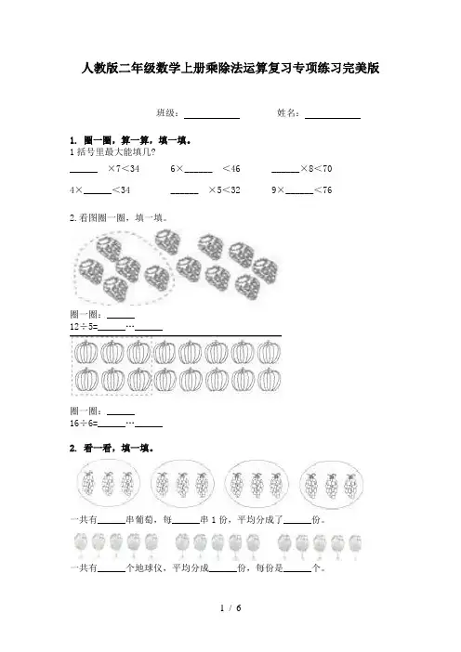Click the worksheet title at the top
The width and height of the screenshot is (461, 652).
(230, 68)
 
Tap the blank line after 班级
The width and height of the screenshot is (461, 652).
(212, 119)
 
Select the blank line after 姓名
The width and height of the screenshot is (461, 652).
(333, 119)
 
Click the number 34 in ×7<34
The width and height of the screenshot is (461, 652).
(135, 168)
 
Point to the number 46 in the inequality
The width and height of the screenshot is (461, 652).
(235, 168)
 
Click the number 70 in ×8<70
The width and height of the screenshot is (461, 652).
(327, 168)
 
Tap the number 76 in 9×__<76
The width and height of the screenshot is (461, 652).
(327, 190)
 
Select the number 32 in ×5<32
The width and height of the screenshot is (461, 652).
(235, 190)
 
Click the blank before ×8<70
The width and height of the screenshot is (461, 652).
(285, 172)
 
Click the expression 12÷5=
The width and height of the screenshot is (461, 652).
(84, 327)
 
